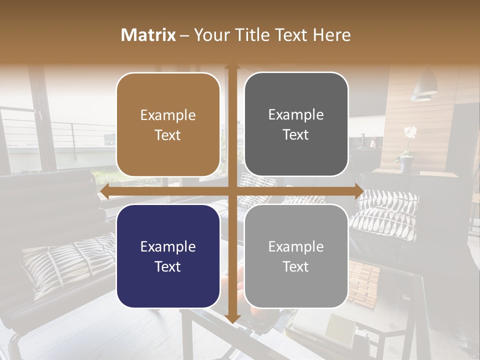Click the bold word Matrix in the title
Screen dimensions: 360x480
point(148,35)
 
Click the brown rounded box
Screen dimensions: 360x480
point(168,124)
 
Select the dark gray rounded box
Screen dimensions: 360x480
point(296,124)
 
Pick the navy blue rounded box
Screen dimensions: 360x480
point(168,256)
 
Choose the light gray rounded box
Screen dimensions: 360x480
point(296,256)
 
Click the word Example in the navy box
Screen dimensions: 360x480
point(168,246)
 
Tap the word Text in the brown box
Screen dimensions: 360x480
point(168,135)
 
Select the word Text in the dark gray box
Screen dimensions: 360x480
point(296,135)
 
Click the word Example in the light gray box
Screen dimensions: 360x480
point(296,246)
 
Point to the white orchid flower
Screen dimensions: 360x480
point(410,132)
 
